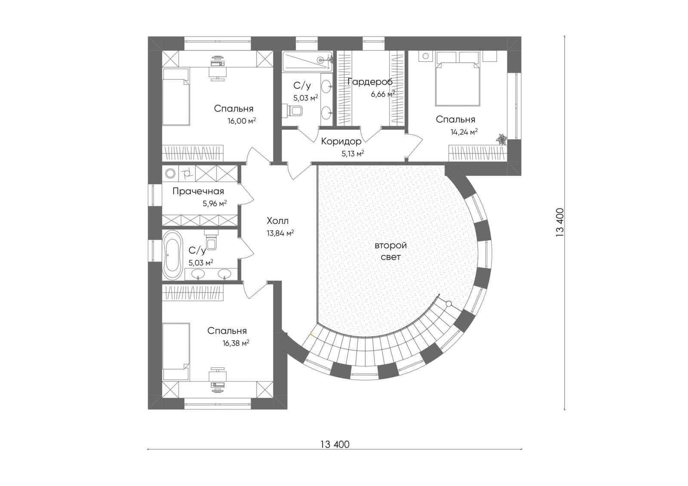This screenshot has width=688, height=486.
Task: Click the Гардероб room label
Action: point(370,82)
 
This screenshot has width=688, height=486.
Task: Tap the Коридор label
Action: point(341,141)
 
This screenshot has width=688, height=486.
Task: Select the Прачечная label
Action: point(198,191)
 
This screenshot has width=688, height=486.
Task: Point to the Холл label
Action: point(278,221)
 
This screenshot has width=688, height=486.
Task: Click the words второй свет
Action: point(391,251)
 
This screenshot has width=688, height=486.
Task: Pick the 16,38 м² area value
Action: point(236,343)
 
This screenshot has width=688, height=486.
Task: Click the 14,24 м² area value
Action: point(464,132)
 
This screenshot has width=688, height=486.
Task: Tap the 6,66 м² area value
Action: point(383,94)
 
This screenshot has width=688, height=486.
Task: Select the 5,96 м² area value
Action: point(215,203)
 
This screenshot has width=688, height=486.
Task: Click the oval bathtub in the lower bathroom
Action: point(172,255)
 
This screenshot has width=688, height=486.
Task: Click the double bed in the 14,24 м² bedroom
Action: point(458,84)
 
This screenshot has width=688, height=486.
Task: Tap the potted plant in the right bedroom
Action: point(501,139)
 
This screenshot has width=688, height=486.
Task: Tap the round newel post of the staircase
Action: point(449,304)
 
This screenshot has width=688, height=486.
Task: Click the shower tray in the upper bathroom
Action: point(307,62)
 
